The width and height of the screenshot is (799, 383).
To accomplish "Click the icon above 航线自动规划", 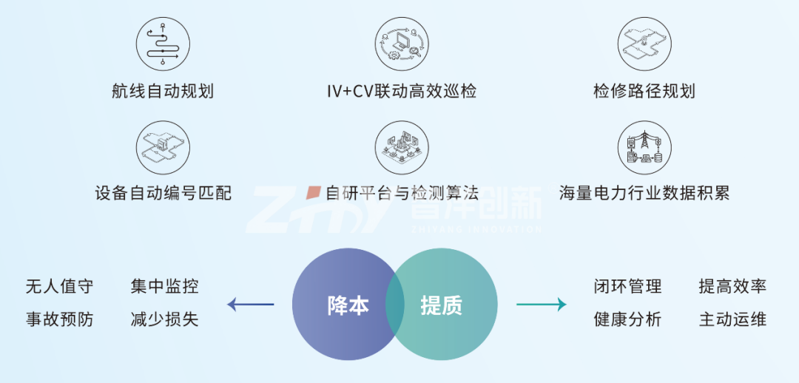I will click(163, 43).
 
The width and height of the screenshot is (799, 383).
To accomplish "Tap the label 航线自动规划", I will click(163, 92).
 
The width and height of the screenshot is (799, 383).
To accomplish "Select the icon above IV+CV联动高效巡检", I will click(402, 43).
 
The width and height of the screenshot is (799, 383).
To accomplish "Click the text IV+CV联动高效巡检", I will click(402, 92).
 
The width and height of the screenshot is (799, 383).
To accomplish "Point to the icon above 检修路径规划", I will click(644, 43).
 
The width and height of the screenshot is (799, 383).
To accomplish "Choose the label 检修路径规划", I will click(644, 92).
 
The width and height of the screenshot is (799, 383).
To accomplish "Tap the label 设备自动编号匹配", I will click(163, 194).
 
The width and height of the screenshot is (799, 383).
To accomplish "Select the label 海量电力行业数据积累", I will click(644, 194).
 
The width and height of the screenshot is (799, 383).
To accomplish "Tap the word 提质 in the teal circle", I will click(442, 305).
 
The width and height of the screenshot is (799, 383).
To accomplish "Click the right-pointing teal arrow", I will click(541, 304).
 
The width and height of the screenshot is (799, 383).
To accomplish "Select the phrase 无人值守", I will click(59, 287).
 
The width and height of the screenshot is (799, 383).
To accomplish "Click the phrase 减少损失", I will click(164, 320).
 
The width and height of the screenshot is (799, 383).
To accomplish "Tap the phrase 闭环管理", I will click(627, 287).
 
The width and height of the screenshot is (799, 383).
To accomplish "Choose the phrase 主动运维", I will click(732, 320).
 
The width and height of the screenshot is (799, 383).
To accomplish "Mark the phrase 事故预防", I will click(59, 320).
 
